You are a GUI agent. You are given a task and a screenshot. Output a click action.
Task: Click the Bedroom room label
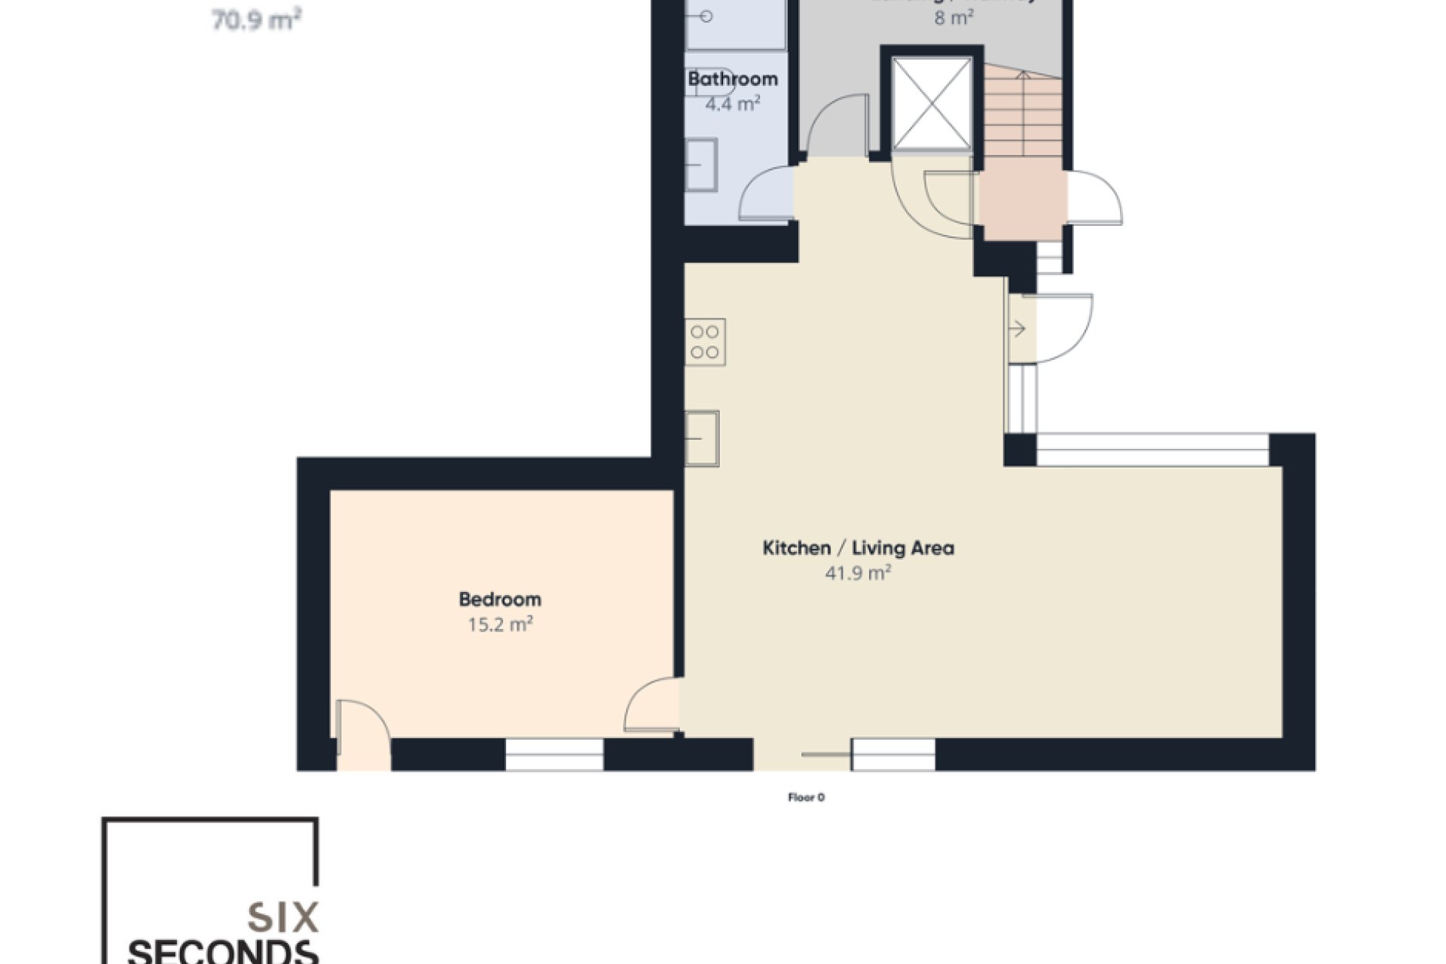click(499, 599)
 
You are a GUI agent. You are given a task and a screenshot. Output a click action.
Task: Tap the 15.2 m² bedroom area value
click(500, 624)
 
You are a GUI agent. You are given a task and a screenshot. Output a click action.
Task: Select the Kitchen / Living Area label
click(858, 548)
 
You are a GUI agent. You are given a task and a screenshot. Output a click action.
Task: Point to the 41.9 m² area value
click(858, 573)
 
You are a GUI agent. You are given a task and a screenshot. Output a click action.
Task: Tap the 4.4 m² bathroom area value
click(732, 103)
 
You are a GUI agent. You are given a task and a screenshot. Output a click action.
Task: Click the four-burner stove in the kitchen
click(705, 342)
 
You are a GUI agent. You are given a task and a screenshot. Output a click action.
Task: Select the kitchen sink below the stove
click(702, 438)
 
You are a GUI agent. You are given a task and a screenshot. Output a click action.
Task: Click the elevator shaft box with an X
click(932, 103)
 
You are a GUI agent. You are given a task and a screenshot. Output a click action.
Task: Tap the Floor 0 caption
click(806, 798)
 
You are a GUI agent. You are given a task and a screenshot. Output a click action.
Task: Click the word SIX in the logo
click(282, 918)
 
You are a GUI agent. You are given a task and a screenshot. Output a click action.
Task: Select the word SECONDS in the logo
click(223, 951)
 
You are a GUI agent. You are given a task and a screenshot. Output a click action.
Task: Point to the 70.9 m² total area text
click(256, 20)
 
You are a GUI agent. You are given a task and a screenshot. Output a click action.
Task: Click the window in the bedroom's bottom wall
click(554, 755)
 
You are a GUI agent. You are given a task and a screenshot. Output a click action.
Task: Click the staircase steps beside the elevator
click(1022, 113)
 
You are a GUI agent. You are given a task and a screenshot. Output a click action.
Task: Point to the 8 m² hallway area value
click(953, 17)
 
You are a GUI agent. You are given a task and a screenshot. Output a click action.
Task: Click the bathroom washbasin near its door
click(701, 164)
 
